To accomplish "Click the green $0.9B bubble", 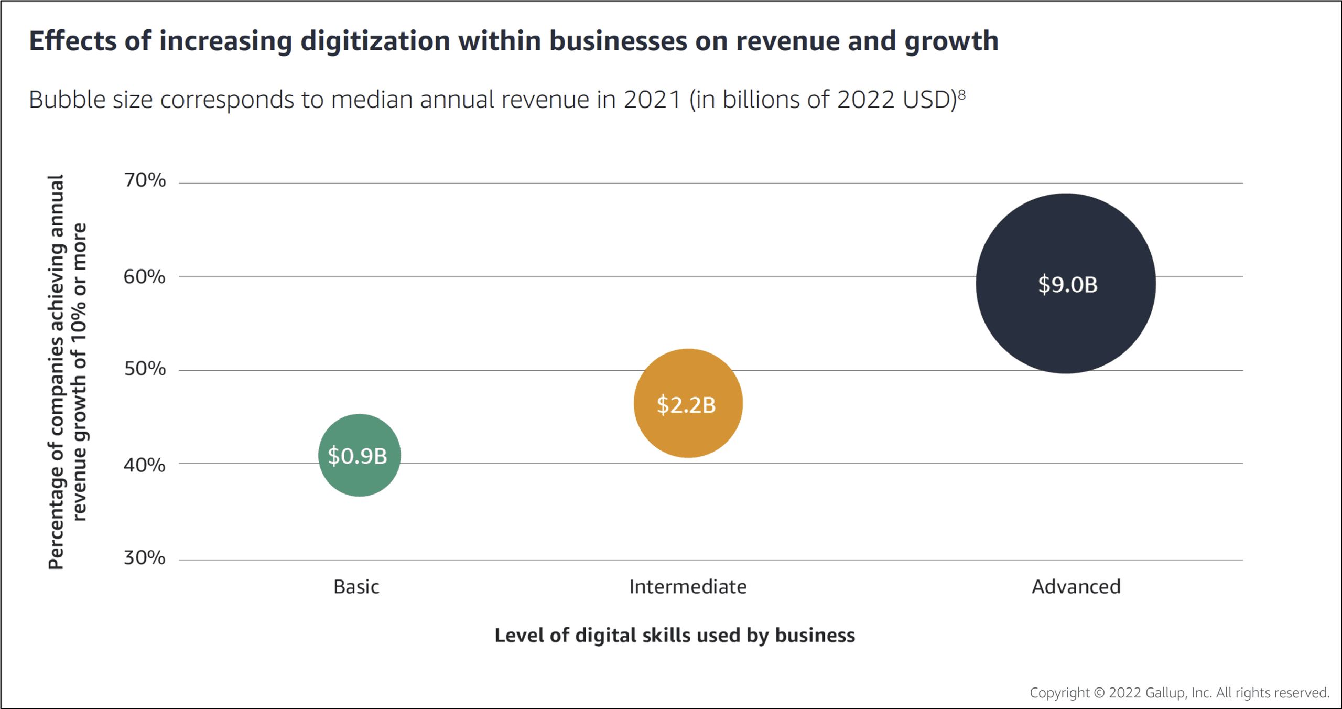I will coord(359,455).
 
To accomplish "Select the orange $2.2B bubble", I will coord(688,403).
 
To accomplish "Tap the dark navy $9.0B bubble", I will coord(1066,284).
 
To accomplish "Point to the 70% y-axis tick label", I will coord(145,180).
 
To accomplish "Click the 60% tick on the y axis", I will coord(145,276).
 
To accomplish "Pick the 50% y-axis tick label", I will coord(145,369).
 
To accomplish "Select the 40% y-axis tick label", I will coord(145,465).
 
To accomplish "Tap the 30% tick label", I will coord(145,557).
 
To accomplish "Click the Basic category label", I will coord(356,587).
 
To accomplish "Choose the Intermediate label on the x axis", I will coord(688,587).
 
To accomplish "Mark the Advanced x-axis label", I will coord(1076,587).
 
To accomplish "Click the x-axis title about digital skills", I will coord(675,636).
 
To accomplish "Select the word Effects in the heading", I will coord(72,41).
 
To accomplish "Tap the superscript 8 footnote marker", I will coord(962,94).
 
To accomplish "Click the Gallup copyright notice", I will coord(1179,693).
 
